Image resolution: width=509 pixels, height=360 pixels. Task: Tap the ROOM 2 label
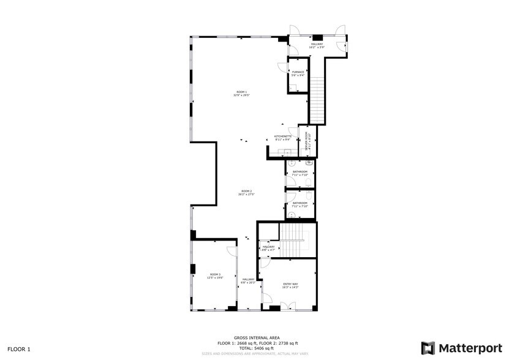tap(246, 192)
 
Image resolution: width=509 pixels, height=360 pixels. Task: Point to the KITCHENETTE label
tap(282, 137)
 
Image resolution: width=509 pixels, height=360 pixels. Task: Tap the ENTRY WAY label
tap(290, 285)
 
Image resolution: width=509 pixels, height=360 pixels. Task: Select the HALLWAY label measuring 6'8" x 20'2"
tap(247, 281)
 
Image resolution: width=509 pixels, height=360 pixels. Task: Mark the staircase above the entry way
tap(293, 240)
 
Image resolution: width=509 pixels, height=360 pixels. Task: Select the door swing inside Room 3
tap(232, 251)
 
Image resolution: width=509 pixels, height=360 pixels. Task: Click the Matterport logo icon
tap(428, 348)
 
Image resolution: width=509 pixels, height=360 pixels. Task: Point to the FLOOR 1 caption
tap(20, 350)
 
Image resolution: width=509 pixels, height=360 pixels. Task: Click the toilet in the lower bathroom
tap(292, 213)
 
